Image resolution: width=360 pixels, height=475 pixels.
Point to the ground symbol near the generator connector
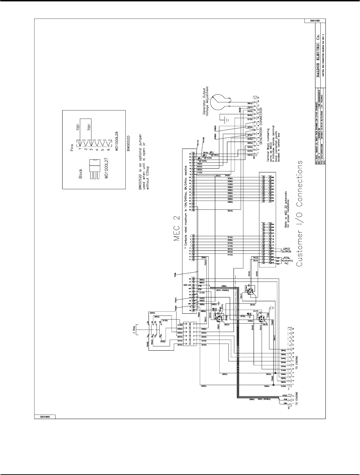pos(226,120)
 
